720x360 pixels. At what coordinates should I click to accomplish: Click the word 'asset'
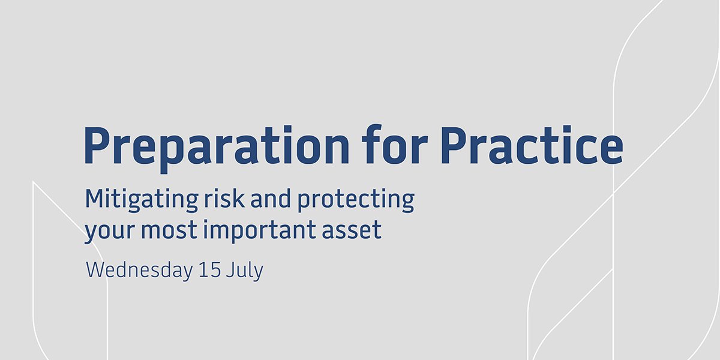(x=353, y=230)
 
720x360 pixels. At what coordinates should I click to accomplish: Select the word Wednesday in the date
(x=139, y=271)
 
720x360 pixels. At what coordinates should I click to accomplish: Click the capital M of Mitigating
(x=95, y=199)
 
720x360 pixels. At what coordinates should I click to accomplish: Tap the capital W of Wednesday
(x=95, y=271)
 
